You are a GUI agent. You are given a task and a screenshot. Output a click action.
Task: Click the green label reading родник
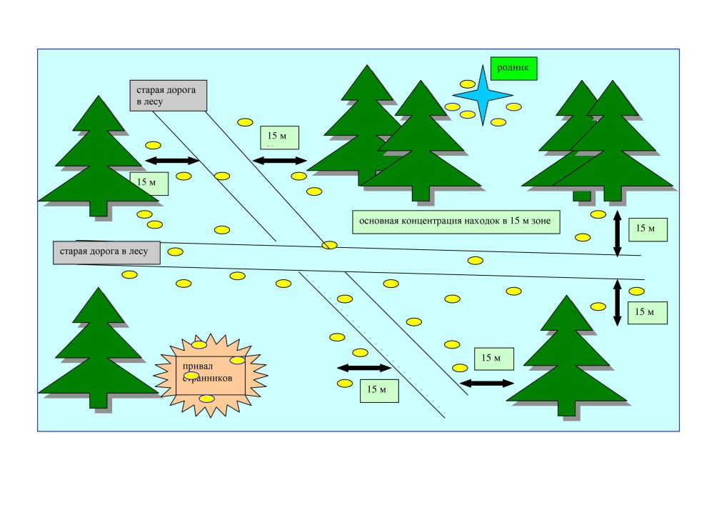click(x=513, y=69)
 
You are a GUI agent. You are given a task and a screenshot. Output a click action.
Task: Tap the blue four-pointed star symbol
click(x=483, y=94)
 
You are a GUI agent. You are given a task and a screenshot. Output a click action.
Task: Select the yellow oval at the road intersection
click(x=329, y=245)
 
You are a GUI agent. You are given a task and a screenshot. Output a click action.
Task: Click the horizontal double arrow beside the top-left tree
click(x=172, y=161)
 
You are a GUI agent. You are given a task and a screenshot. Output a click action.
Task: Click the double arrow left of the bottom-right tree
click(x=487, y=384)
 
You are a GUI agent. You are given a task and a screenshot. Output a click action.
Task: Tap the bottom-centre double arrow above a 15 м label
click(x=363, y=368)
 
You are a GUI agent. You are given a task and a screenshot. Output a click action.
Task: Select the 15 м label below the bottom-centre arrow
click(x=378, y=390)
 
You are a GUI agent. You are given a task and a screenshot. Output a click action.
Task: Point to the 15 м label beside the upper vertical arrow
click(x=648, y=229)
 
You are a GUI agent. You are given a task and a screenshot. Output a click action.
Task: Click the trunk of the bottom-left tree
click(x=99, y=401)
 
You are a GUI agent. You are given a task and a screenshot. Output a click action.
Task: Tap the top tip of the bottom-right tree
click(x=567, y=296)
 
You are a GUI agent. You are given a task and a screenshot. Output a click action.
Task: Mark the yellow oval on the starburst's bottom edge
click(x=206, y=399)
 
